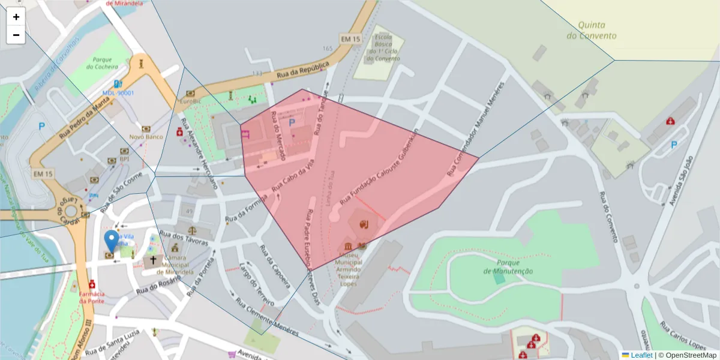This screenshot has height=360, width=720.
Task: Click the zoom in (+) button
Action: coord(16,17)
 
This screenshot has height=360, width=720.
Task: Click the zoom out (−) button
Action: coord(16,35)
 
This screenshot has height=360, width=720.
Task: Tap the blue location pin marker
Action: coord(111,241)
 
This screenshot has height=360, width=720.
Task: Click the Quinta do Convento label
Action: coord(591,31)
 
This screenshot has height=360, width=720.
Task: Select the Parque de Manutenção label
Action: coord(508,267)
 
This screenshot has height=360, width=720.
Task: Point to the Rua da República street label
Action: coord(304,70)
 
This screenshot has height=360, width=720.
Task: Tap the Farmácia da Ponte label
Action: coord(92,297)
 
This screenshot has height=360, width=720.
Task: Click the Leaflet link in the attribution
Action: coord(641,355)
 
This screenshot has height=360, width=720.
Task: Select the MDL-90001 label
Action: coord(118,93)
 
